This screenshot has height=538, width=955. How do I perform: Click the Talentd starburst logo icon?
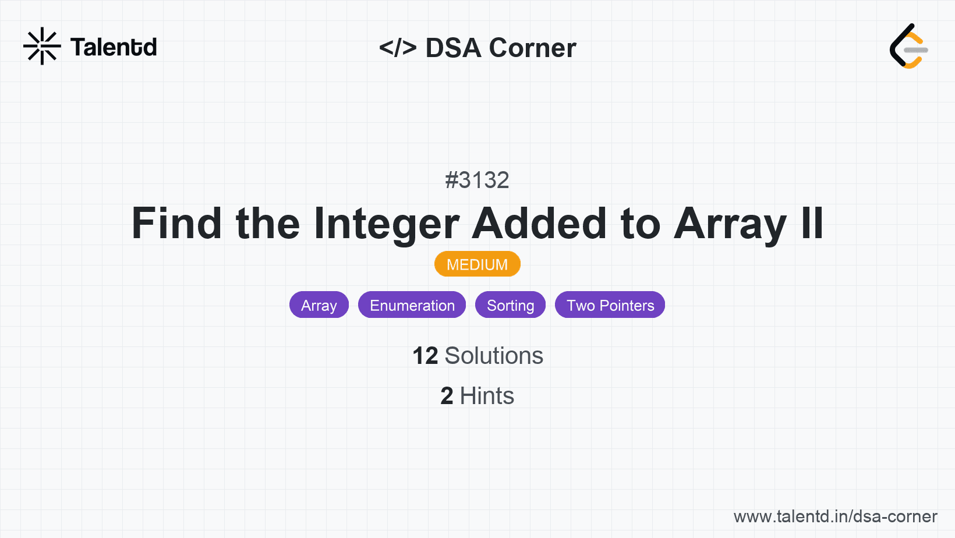coord(42,46)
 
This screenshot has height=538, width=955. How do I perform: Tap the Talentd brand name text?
coord(114,47)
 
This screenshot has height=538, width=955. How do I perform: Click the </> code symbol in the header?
coord(398,48)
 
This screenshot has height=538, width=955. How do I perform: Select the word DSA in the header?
coord(453,48)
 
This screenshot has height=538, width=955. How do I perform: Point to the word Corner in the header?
coord(532,48)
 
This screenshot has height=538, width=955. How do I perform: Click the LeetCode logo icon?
coord(908,47)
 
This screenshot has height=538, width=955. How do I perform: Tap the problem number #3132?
coord(477,180)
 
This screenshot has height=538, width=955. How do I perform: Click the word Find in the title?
coord(176,224)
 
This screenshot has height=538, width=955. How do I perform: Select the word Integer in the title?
coord(387,224)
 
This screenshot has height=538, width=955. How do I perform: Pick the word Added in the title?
coord(539,224)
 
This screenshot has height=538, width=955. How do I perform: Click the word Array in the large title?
coord(730,224)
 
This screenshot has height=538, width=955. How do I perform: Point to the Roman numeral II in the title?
coord(812,224)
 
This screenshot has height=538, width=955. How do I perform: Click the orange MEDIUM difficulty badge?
coord(477,264)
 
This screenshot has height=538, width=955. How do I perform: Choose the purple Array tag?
coord(319,305)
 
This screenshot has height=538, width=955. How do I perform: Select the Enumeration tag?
coord(412,305)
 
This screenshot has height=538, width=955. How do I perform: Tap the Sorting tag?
coord(510,305)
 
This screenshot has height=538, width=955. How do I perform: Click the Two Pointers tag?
coord(610,305)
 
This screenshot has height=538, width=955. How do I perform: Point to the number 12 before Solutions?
coord(425,356)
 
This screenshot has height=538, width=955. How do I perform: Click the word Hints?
coord(487,396)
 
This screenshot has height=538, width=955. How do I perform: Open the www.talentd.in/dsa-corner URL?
coord(835,516)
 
